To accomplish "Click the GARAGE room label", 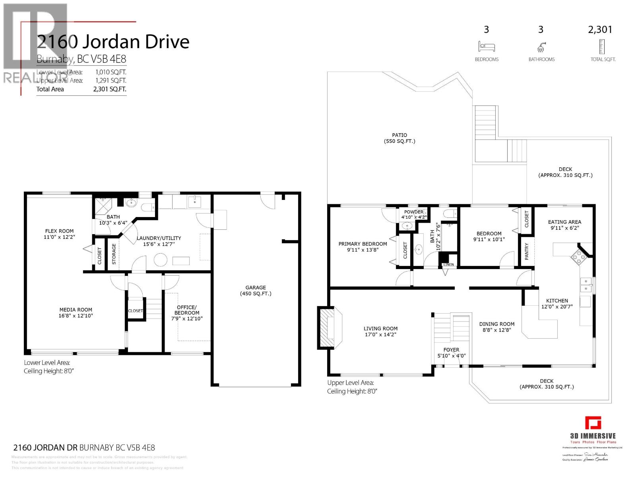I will tap(255, 287).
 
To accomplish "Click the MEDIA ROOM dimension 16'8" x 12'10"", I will tap(76, 316).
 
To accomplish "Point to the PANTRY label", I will tap(527, 252).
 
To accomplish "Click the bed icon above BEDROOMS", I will tap(486, 47).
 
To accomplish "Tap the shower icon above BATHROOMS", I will tap(541, 47).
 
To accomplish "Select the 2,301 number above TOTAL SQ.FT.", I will tap(600, 30).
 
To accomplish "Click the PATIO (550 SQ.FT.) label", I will tap(399, 138).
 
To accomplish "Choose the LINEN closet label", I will tap(448, 264).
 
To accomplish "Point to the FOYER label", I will tap(451, 350).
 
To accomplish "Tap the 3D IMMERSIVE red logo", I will tap(593, 423).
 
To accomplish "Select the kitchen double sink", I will tap(585, 285).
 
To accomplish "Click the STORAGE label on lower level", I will tap(114, 254).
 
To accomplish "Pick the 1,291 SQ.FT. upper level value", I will tap(111, 80).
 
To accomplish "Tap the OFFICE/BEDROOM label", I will tap(186, 310).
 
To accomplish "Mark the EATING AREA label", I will tap(564, 222).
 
